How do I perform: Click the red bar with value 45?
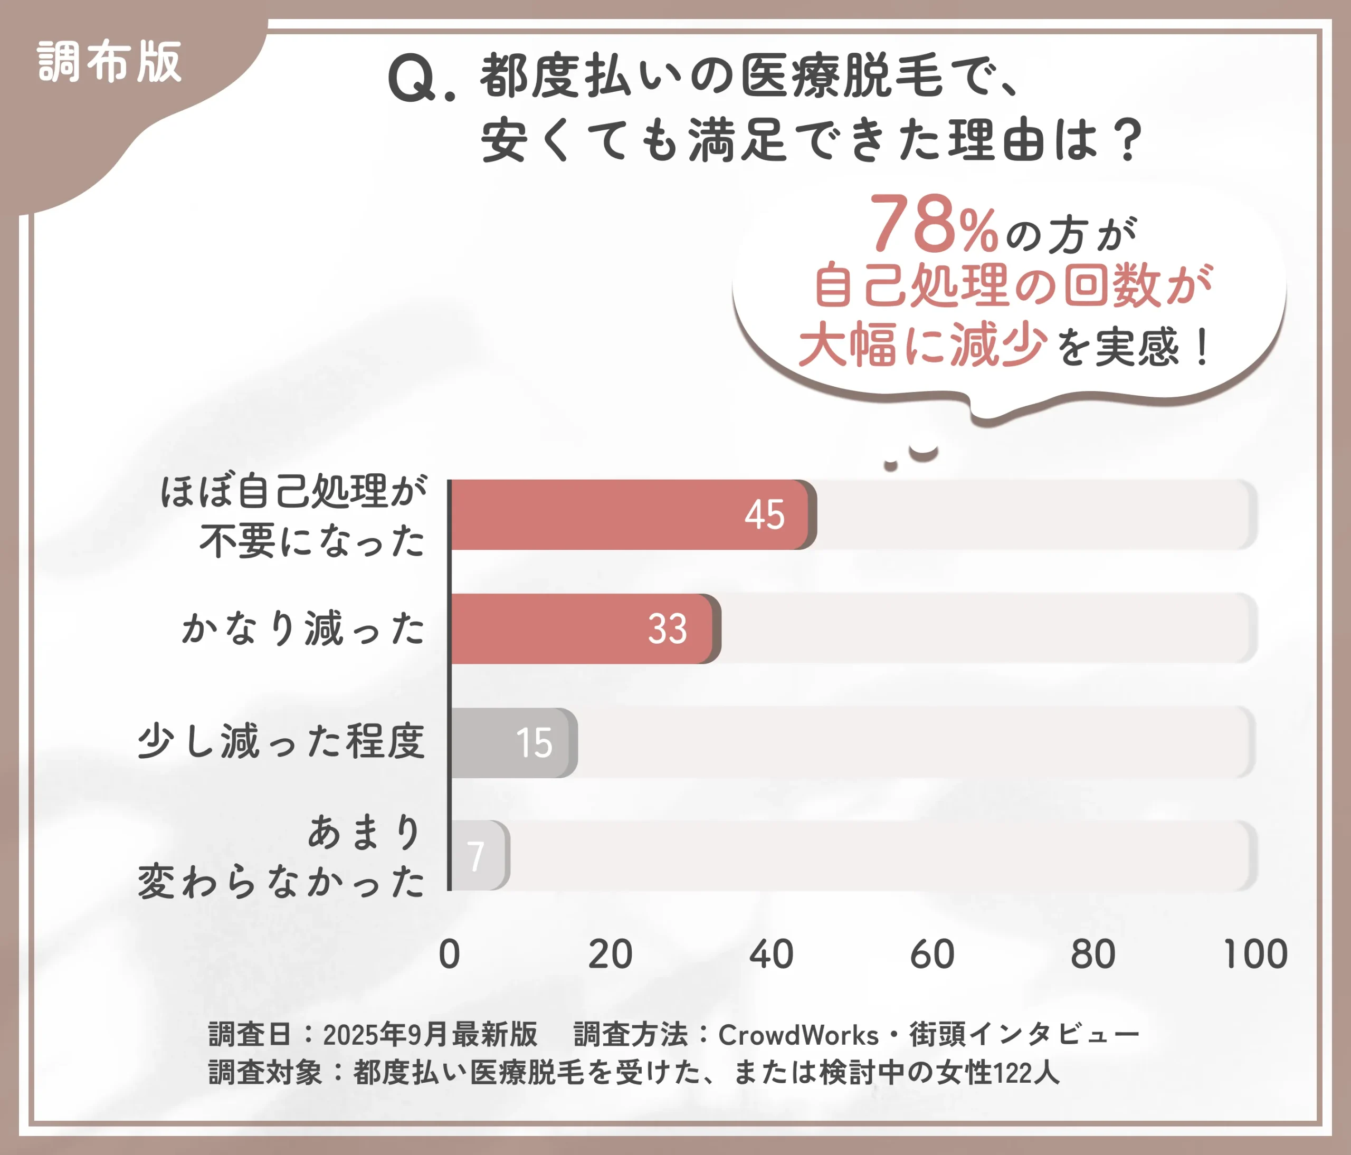[x=629, y=514]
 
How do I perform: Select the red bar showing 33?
[x=582, y=628]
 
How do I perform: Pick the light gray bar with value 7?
[x=478, y=855]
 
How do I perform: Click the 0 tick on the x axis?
[x=449, y=954]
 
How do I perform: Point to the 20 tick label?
[x=610, y=954]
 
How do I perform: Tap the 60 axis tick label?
[x=932, y=954]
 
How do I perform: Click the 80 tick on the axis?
[x=1093, y=954]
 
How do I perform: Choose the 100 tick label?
[x=1255, y=954]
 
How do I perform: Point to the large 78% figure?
[x=933, y=225]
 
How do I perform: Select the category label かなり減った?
[x=303, y=628]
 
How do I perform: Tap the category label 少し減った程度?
[x=281, y=742]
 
